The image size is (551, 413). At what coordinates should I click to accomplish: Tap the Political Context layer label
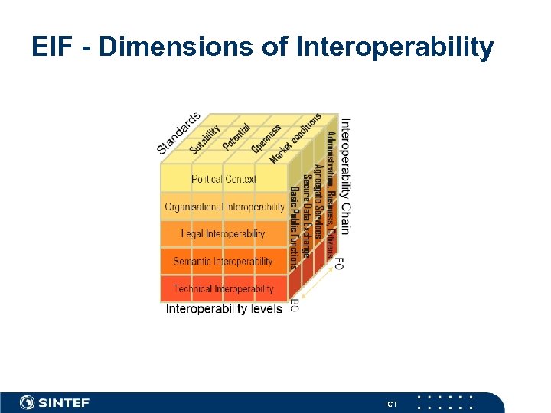pos(223,180)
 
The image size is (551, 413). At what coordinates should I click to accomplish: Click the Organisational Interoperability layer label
pos(224,207)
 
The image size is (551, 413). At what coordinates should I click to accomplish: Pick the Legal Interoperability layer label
pos(223,234)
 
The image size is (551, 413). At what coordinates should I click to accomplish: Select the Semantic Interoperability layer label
pos(223,262)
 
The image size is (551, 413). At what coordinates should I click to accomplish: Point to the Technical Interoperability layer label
pos(223,289)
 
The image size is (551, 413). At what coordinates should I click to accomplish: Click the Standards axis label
pos(178,132)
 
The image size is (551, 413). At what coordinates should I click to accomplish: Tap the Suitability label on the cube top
pos(204,140)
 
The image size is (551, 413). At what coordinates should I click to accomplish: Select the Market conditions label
pos(295,138)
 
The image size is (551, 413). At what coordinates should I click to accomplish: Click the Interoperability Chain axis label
pos(345,175)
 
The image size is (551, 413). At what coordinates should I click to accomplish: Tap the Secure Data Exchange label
pos(305,216)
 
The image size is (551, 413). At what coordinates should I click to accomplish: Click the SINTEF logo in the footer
pos(54,402)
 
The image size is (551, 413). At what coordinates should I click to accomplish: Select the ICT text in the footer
pos(391,403)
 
